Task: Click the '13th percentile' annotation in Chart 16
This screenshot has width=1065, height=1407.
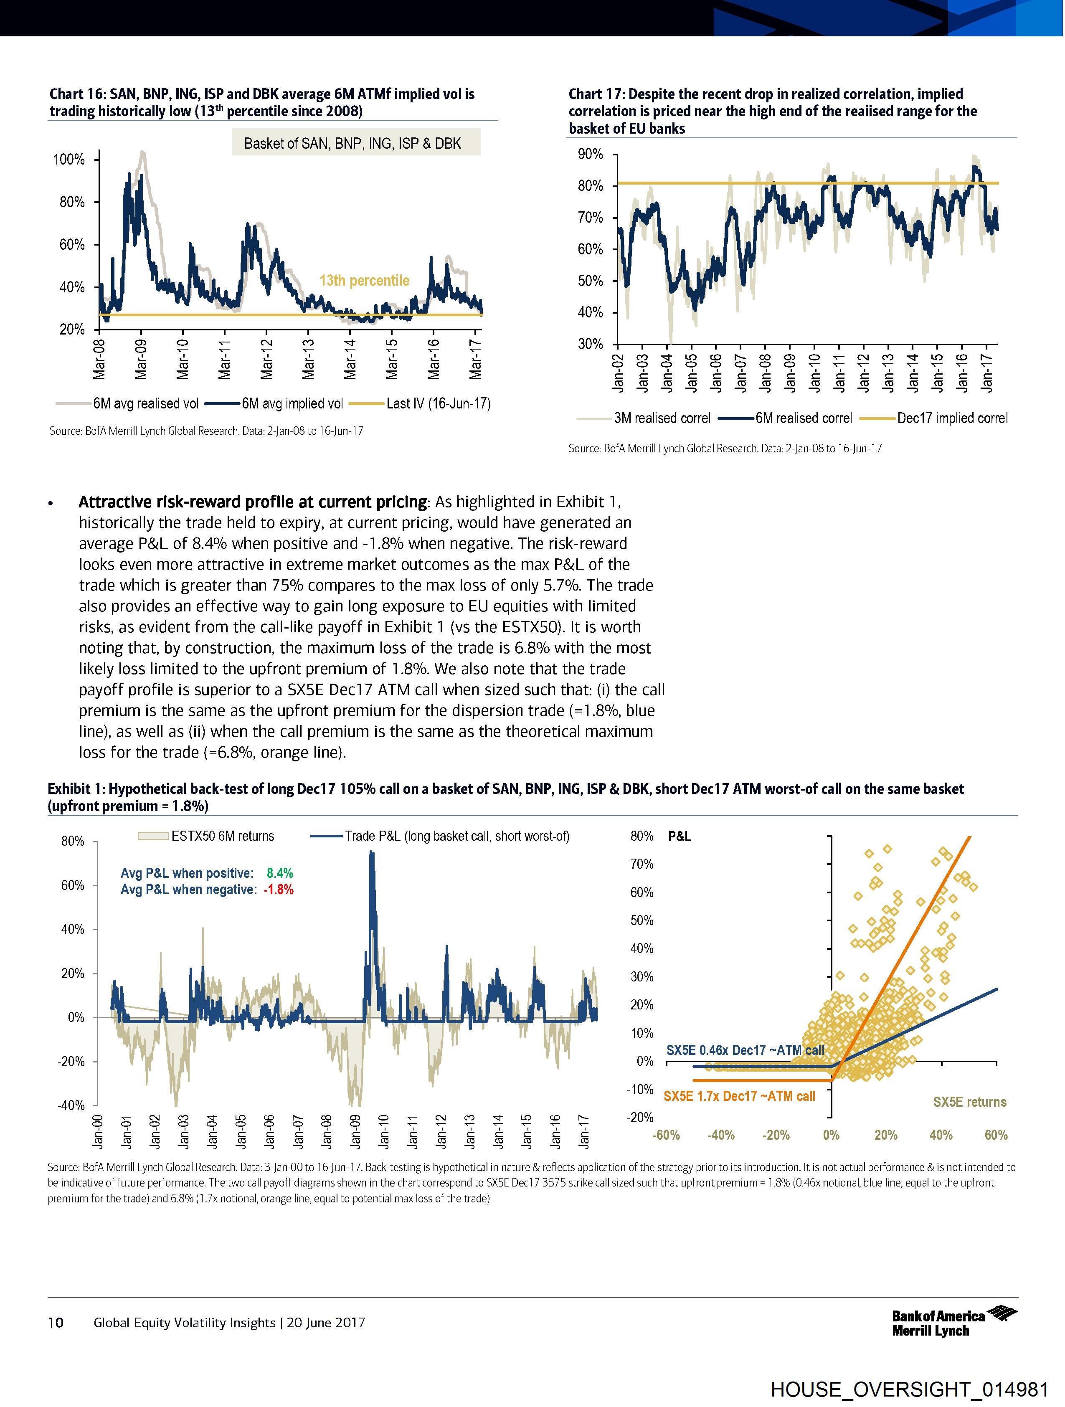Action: coord(364,281)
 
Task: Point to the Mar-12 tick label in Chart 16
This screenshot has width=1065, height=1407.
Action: coord(266,360)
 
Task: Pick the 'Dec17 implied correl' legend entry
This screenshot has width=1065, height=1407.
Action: coord(952,418)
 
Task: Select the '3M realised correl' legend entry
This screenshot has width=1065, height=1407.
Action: coord(662,418)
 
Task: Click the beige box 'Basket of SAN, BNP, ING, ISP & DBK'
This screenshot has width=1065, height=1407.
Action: coord(352,143)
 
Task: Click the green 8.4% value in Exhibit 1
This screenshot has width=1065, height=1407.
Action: coord(280,873)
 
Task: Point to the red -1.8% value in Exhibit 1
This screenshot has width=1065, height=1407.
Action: coord(279,889)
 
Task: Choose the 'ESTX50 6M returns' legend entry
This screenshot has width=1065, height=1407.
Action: coord(223,836)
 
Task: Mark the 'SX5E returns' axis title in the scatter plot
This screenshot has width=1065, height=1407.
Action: coord(970,1102)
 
